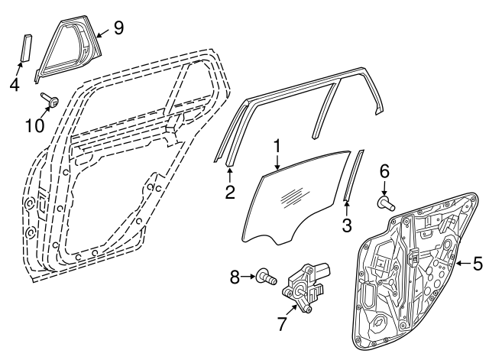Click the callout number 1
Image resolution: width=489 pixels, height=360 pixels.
[x=277, y=145]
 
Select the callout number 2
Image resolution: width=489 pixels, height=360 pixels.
[x=229, y=192]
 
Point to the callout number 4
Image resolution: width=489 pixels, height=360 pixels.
[x=15, y=84]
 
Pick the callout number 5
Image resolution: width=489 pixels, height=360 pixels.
[x=477, y=264]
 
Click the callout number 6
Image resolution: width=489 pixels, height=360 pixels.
[x=384, y=171]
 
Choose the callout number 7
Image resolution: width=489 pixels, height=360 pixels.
[x=282, y=323]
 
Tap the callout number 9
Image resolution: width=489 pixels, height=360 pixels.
[x=118, y=28]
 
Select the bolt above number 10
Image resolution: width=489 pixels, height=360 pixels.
[x=52, y=99]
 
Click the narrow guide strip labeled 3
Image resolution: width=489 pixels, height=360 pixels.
[x=352, y=176]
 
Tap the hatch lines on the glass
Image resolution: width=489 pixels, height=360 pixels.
[x=290, y=196]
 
